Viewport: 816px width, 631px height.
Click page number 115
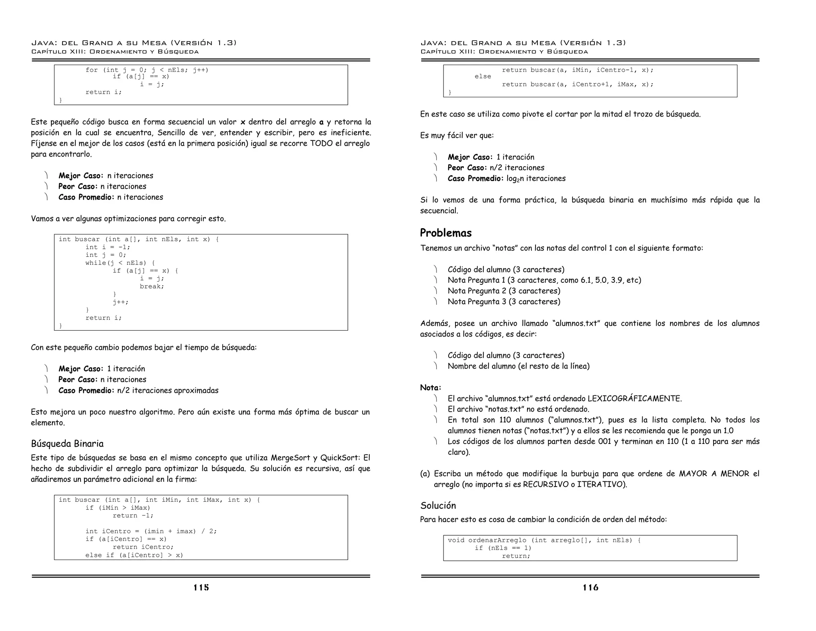tap(201, 588)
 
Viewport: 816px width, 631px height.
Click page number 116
tap(590, 588)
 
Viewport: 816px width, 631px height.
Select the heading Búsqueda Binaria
tap(67, 444)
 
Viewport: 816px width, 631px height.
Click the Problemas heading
tap(446, 233)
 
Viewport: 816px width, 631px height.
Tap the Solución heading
tap(438, 506)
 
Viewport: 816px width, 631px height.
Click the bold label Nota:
tap(430, 388)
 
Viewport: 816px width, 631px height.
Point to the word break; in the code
tap(152, 286)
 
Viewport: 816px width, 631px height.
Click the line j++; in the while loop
tap(120, 302)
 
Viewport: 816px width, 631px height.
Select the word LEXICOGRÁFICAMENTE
tap(635, 398)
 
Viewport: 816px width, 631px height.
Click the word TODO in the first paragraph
tap(321, 143)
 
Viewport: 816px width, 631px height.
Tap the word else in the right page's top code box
tap(483, 77)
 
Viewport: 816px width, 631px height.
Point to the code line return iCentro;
tap(143, 547)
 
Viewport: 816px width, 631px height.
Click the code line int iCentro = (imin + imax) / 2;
tap(151, 531)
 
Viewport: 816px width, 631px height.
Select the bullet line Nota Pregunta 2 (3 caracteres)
tap(504, 291)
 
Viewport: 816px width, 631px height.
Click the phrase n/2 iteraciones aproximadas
tap(168, 390)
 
